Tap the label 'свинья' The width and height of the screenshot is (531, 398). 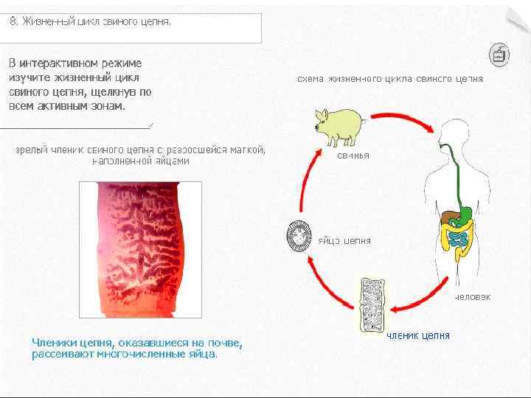353,156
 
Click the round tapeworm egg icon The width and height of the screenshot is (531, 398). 301,238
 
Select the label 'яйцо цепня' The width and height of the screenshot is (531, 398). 344,241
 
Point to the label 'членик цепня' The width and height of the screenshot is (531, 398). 418,336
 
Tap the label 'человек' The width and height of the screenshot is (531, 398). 472,296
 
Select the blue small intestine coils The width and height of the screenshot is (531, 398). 458,238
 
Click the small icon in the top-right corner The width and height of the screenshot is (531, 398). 499,54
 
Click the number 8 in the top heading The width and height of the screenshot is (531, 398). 13,21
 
